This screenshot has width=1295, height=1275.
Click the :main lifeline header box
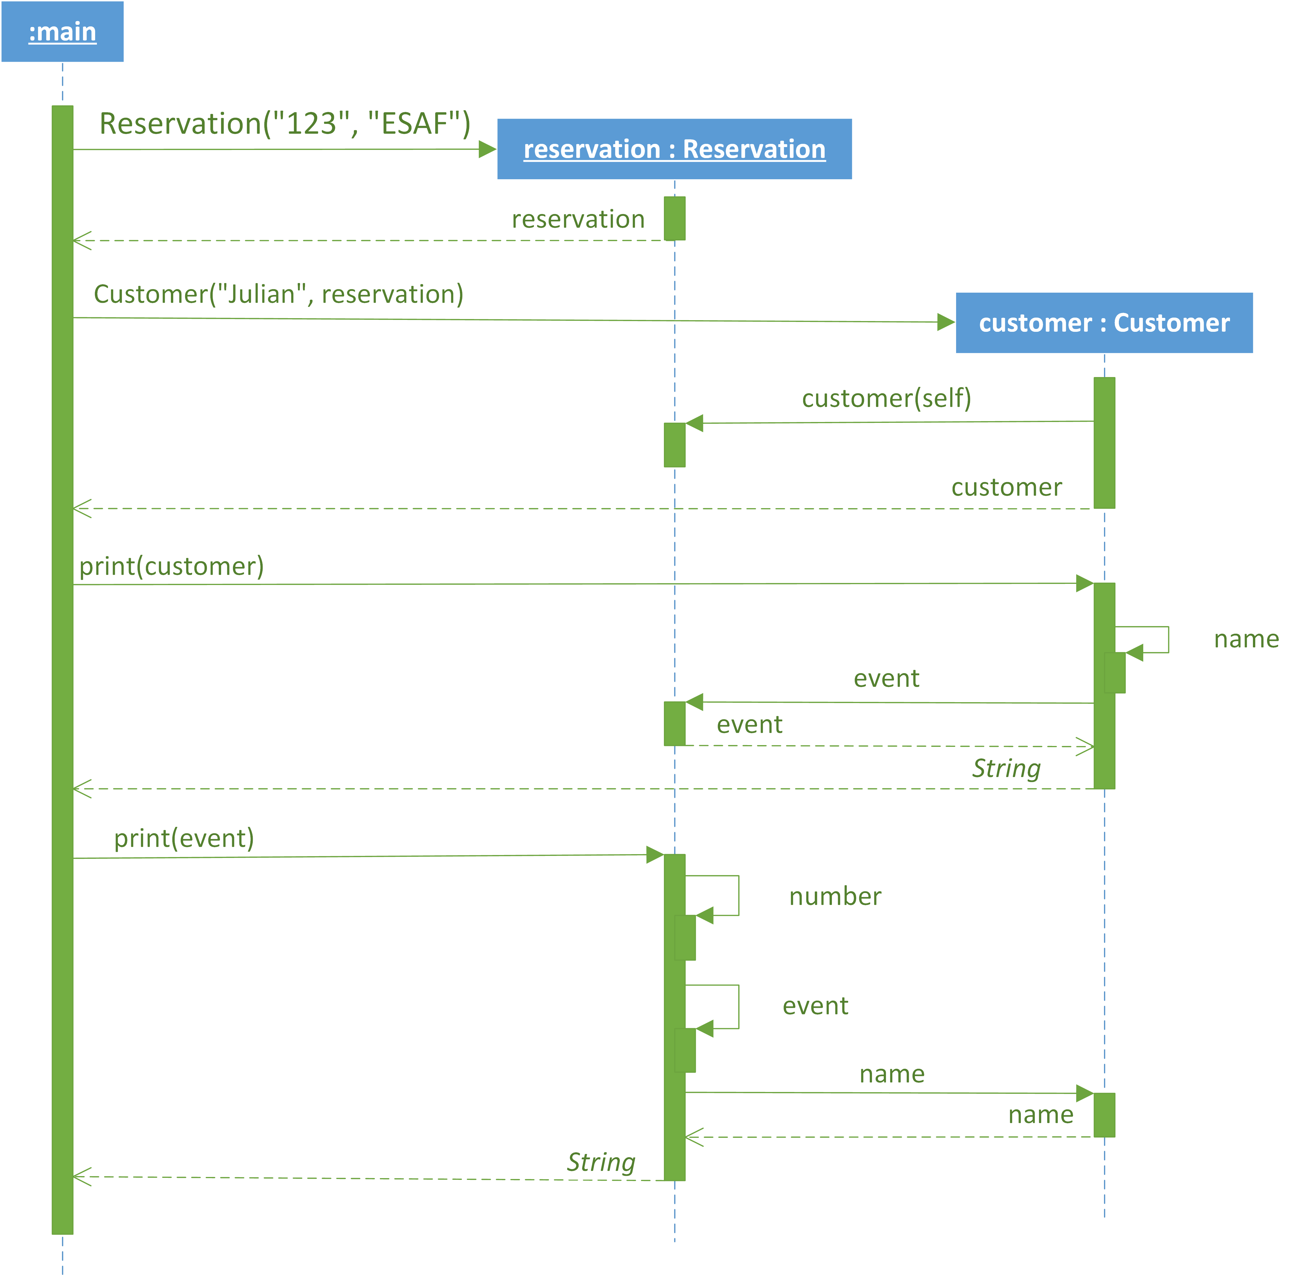(62, 32)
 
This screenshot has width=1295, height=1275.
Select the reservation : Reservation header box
(674, 149)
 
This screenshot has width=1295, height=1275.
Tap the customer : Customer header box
(1104, 323)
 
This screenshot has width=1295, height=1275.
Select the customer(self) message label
(886, 399)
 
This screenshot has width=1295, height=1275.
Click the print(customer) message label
(171, 566)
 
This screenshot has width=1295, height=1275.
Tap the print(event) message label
(184, 838)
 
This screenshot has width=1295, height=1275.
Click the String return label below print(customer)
(1006, 768)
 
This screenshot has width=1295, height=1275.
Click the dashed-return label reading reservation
(578, 219)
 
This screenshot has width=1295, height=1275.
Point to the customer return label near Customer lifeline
(1006, 487)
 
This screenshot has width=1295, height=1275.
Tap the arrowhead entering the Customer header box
(946, 322)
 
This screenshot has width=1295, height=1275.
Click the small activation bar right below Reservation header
(675, 218)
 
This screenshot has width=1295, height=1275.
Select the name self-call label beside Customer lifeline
(1246, 639)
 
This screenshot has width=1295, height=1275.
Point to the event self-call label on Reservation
(815, 1006)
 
